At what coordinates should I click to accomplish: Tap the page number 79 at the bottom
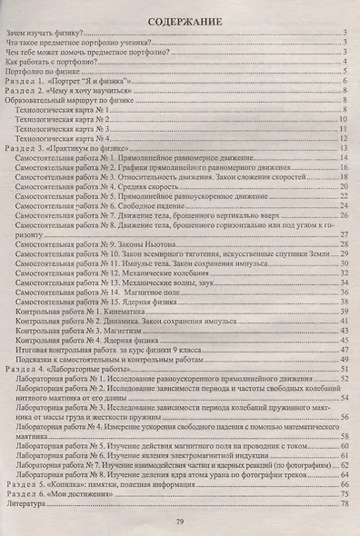click(180, 520)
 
